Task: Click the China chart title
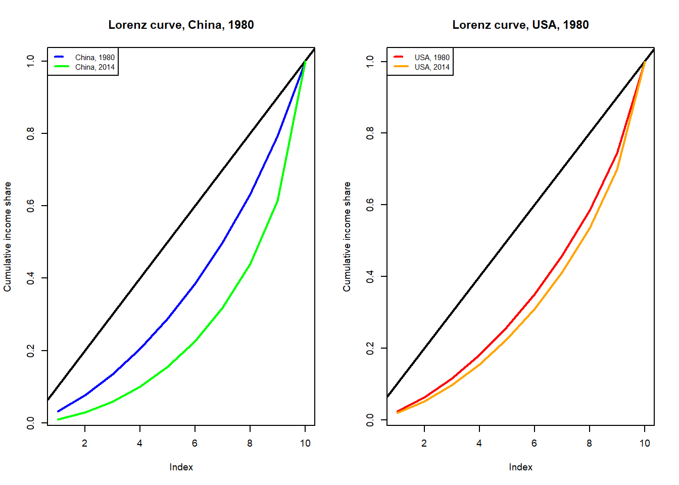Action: (x=181, y=25)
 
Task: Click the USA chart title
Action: (x=520, y=25)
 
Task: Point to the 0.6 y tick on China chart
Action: (x=31, y=206)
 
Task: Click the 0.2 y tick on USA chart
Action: (x=370, y=348)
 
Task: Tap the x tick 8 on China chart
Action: (x=250, y=443)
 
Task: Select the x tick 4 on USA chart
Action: (x=479, y=443)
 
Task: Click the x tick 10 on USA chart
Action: (x=645, y=443)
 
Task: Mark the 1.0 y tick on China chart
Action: (x=31, y=61)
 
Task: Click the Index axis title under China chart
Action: (x=181, y=467)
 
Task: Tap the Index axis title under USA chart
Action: (x=520, y=467)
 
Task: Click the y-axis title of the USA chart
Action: (x=347, y=236)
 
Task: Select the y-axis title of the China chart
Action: (x=8, y=236)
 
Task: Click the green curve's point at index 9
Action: (x=277, y=201)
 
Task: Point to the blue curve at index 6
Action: (x=195, y=284)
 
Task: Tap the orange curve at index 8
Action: (x=590, y=228)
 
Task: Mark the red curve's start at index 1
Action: (x=397, y=411)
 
